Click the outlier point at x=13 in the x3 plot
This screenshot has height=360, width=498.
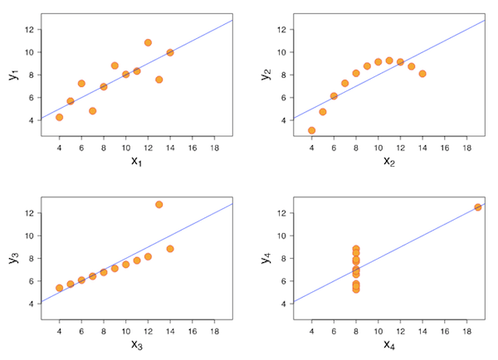[x=159, y=204]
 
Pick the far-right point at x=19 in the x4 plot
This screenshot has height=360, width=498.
[x=477, y=207]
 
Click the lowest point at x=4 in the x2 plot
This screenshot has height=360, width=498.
[x=311, y=130]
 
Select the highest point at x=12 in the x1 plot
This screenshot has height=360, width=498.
[x=148, y=42]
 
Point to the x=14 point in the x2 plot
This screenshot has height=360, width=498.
[x=422, y=74]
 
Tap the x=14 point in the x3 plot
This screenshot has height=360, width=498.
[x=170, y=248]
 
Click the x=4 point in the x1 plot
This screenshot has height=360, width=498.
[x=59, y=117]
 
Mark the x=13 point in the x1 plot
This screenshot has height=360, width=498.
[x=159, y=80]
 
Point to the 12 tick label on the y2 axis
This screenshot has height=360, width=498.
[x=283, y=29]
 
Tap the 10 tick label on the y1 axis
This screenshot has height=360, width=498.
[x=30, y=52]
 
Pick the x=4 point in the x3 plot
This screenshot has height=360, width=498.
[x=59, y=288]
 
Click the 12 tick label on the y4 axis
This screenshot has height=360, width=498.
[x=283, y=213]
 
